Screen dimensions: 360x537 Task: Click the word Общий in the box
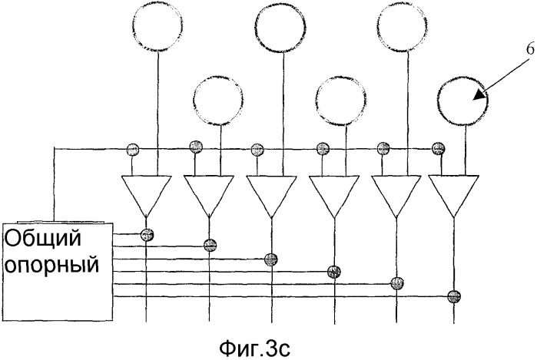pos(43,239)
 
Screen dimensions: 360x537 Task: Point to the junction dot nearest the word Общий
pos(147,233)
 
